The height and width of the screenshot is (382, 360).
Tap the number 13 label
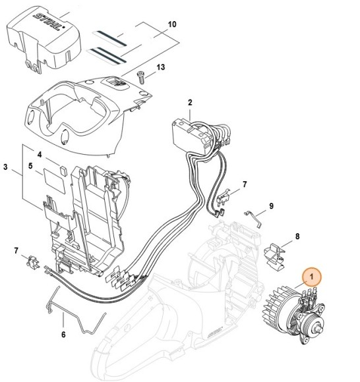coord(160,67)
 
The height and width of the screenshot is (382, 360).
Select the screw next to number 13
coord(140,78)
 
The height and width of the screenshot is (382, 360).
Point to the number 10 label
coord(172,24)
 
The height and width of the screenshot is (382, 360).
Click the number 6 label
coord(63,334)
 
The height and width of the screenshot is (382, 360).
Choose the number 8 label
coord(297,236)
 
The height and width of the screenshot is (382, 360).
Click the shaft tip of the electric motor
coord(325,328)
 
